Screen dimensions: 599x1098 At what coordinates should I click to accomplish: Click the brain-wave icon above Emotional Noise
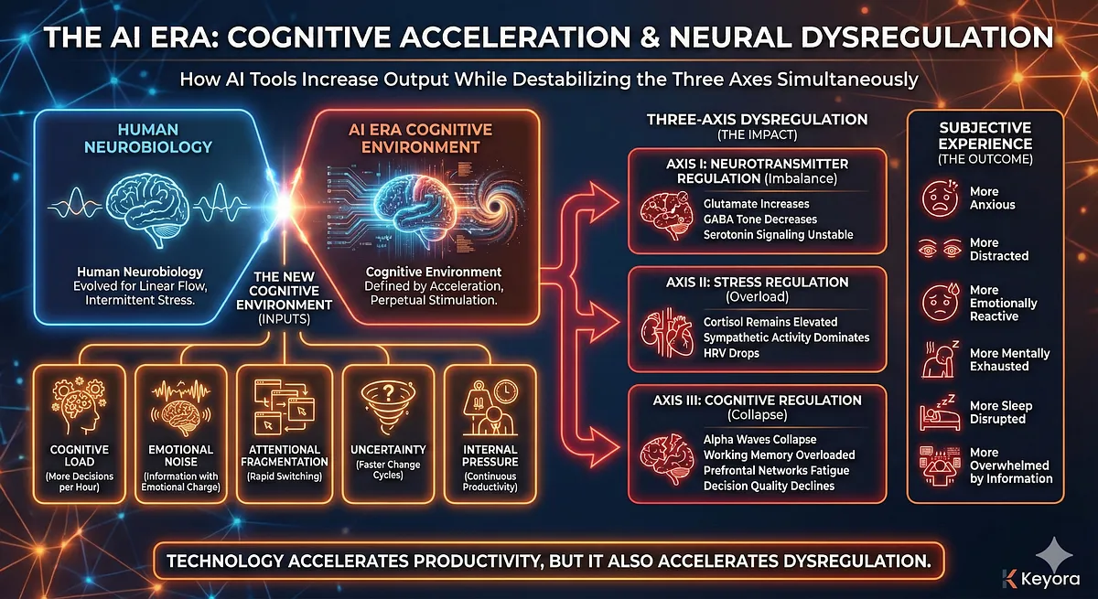coord(180,403)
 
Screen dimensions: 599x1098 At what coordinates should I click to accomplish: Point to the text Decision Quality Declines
coord(770,486)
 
